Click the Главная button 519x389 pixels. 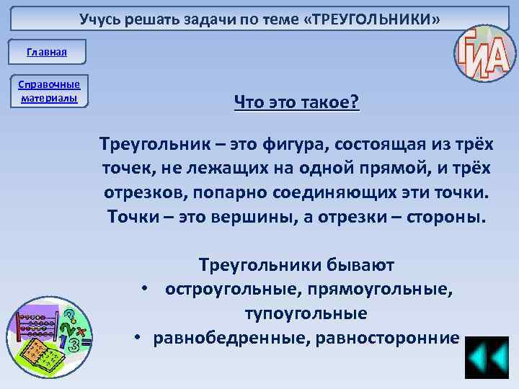pyautogui.click(x=47, y=52)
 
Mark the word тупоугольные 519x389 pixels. pyautogui.click(x=306, y=314)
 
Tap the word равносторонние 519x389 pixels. pyautogui.click(x=392, y=339)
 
